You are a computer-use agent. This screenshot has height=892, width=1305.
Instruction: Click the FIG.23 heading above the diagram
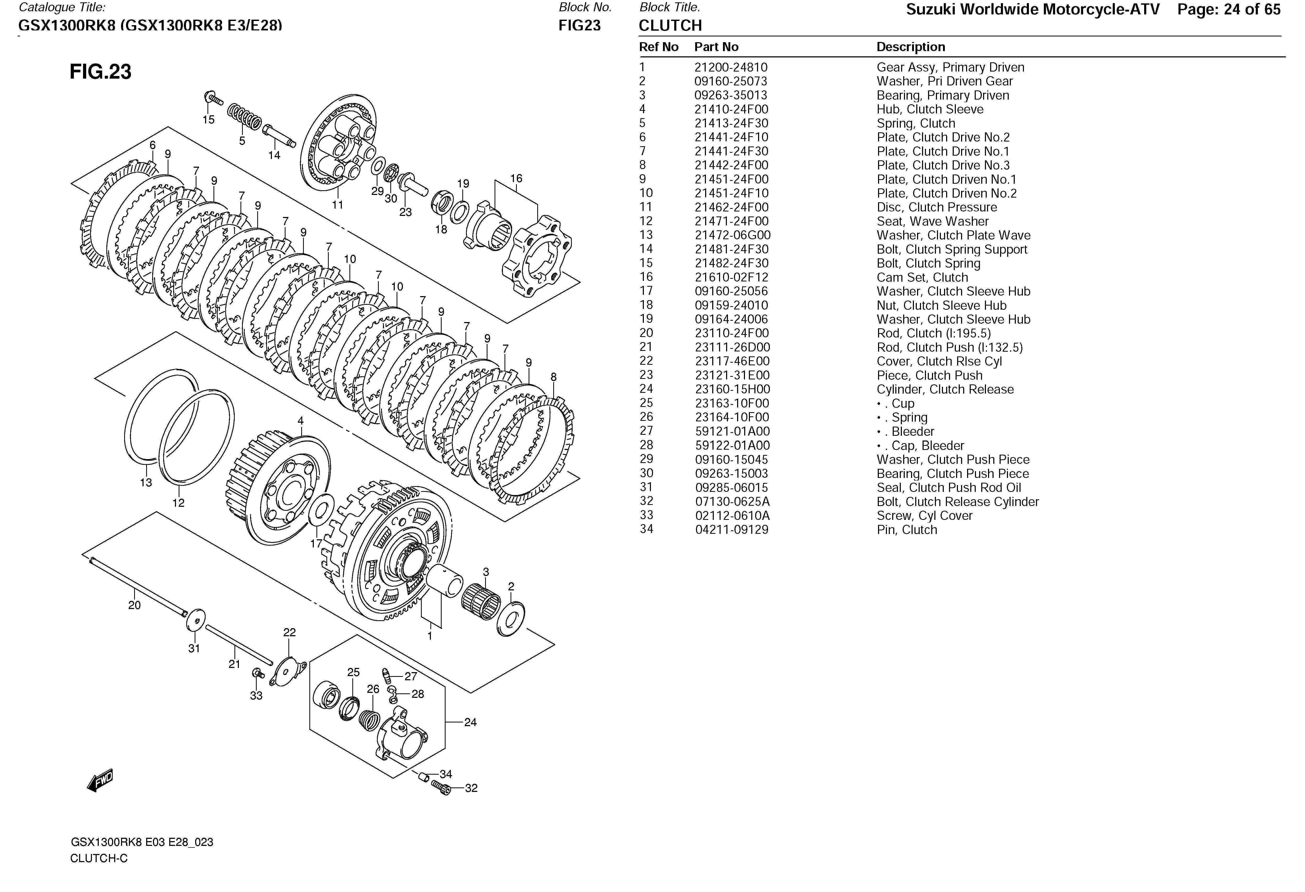101,72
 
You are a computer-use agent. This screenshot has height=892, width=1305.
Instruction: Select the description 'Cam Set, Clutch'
922,278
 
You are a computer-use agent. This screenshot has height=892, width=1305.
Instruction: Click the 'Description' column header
911,47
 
